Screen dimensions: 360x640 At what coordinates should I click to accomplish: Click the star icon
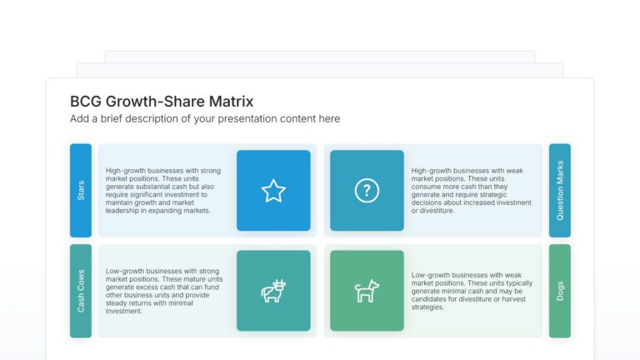tap(273, 191)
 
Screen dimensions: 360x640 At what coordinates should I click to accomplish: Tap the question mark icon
tap(367, 191)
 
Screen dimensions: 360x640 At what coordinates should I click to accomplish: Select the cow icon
tap(273, 291)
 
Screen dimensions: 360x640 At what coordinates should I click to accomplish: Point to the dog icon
tap(367, 291)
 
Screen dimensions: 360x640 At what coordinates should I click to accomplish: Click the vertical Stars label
tap(81, 191)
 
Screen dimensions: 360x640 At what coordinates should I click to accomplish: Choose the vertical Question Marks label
tap(560, 191)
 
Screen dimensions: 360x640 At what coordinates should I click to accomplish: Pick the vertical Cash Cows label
tap(81, 291)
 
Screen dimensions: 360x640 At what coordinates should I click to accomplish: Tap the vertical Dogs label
tap(560, 291)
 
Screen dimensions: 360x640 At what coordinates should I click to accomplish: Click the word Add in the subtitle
tap(80, 119)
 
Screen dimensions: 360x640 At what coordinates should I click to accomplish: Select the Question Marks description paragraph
tap(471, 191)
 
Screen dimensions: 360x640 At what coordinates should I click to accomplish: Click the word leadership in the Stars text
tap(122, 211)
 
